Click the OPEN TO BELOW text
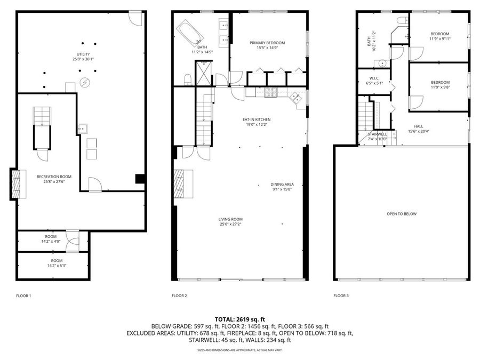402,214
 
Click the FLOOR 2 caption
179,295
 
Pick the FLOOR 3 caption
341,295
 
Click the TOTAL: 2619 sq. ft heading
239,319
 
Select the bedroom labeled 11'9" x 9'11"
440,36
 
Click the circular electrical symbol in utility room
84,82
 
